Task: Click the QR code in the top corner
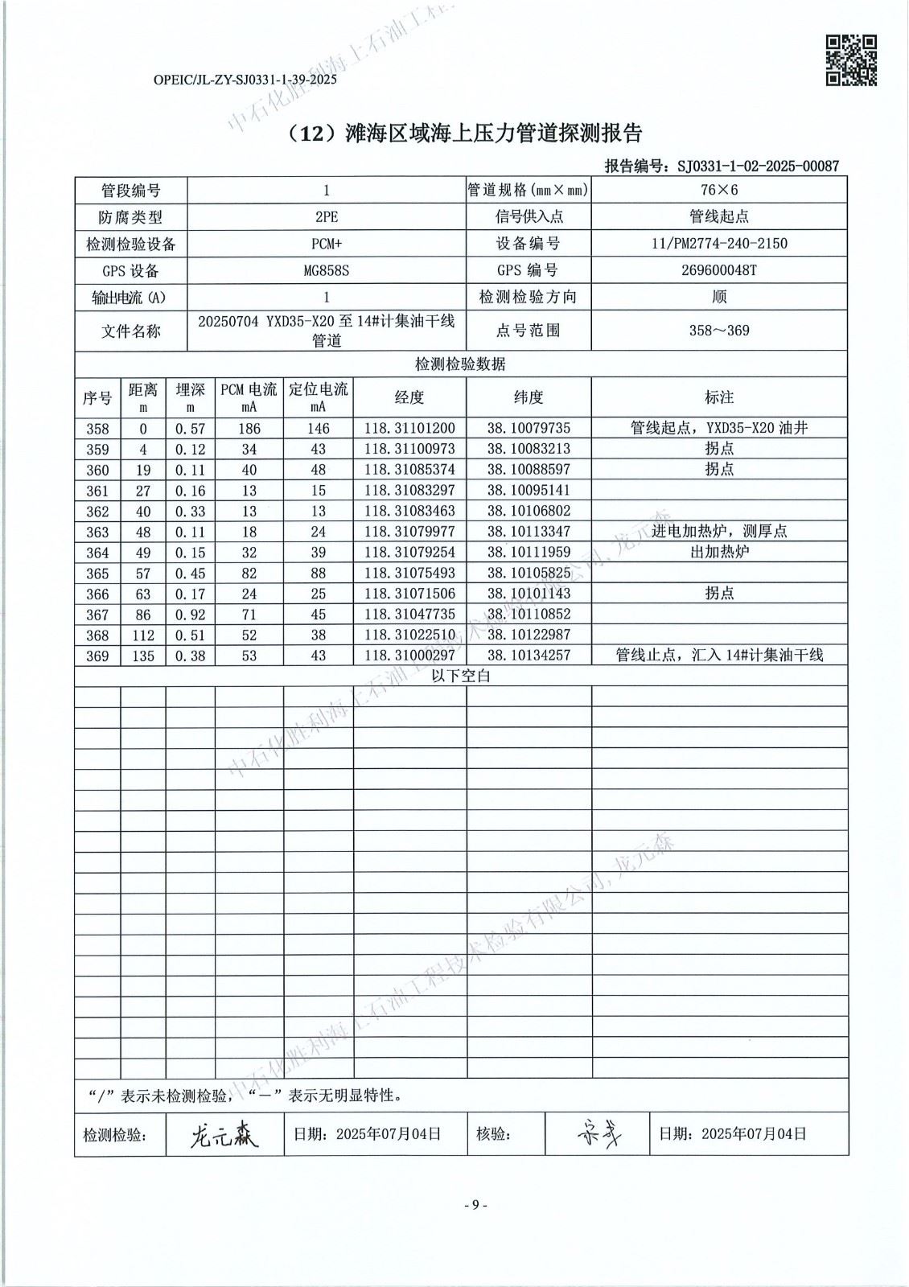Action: tap(851, 60)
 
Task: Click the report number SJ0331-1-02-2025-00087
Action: tap(758, 167)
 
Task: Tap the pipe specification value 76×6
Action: tap(718, 190)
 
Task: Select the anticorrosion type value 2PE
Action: tap(326, 217)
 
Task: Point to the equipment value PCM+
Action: tap(326, 244)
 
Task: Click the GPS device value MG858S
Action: tap(326, 270)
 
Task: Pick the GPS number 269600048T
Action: tap(718, 270)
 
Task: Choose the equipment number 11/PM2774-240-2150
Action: tap(718, 244)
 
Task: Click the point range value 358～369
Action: tap(718, 331)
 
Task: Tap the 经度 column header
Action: tap(409, 397)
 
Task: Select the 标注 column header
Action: tap(718, 397)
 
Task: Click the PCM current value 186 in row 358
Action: tap(249, 429)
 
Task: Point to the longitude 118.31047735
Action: tap(409, 615)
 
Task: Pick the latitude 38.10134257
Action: tap(529, 656)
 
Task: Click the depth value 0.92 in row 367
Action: tap(190, 615)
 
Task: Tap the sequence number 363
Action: tap(97, 532)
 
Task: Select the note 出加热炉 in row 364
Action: tap(718, 553)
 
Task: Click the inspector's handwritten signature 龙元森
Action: tap(224, 1135)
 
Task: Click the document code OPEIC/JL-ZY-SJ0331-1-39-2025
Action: tap(245, 80)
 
